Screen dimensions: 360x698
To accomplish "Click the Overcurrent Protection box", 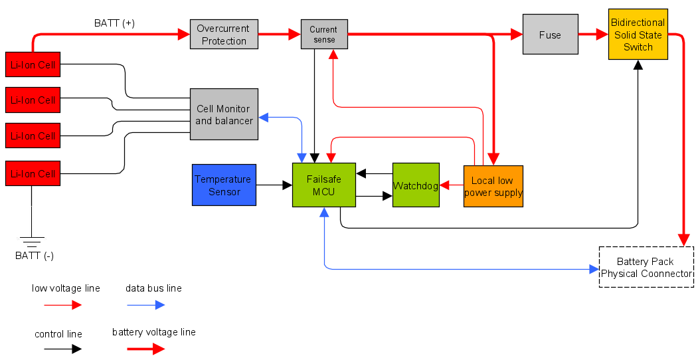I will pyautogui.click(x=224, y=35).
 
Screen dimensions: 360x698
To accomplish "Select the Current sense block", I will pyautogui.click(x=323, y=35).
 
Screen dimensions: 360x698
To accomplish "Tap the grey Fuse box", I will pyautogui.click(x=550, y=35).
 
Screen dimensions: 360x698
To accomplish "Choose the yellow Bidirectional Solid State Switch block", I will pyautogui.click(x=638, y=35).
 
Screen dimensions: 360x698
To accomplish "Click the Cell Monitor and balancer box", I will pyautogui.click(x=224, y=114).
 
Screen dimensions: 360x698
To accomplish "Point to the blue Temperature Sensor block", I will pyautogui.click(x=224, y=185).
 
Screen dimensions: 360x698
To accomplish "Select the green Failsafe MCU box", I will pyautogui.click(x=323, y=185).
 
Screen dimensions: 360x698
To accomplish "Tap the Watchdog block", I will pyautogui.click(x=416, y=185).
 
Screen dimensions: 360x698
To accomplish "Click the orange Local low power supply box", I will pyautogui.click(x=493, y=187).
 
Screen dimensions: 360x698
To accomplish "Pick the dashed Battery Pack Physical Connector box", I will pyautogui.click(x=646, y=267).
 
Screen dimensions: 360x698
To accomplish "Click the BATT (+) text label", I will pyautogui.click(x=114, y=23).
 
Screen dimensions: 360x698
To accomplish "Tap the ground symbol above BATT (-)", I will pyautogui.click(x=31, y=240).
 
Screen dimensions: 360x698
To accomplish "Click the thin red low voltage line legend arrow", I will pyautogui.click(x=62, y=305).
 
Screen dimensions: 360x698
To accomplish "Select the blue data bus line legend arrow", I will pyautogui.click(x=145, y=305).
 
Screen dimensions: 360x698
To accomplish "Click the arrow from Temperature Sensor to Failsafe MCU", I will pyautogui.click(x=274, y=185).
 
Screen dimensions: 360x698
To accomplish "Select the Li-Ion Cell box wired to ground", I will pyautogui.click(x=31, y=173).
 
